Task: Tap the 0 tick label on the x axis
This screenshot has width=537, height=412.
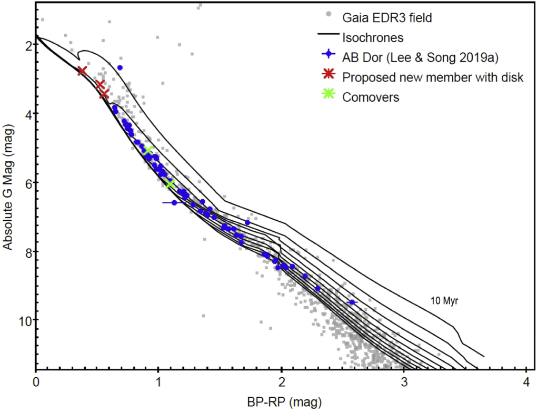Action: pos(35,382)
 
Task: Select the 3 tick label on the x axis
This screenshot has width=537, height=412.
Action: pos(403,382)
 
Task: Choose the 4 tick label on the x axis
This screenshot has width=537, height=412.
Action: pos(526,382)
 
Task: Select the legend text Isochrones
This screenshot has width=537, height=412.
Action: pos(373,38)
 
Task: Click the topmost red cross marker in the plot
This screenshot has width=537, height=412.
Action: pos(82,71)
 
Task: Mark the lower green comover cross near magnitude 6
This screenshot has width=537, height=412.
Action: pos(170,183)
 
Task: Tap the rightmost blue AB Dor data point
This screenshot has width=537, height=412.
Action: pos(352,302)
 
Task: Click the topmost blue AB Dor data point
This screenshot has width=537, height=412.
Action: pos(120,67)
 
